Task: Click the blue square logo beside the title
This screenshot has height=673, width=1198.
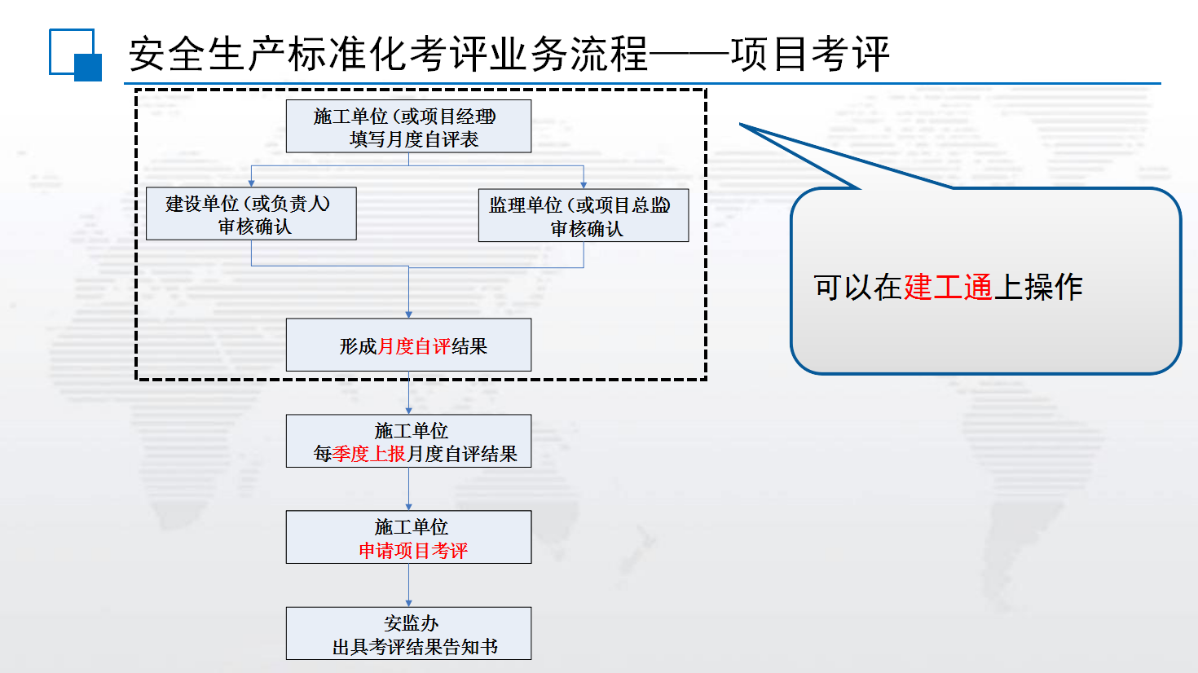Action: (76, 55)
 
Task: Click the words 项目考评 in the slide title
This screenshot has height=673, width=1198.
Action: (810, 54)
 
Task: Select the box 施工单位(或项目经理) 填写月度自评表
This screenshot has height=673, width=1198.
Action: (408, 126)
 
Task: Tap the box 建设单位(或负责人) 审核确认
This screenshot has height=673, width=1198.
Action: (251, 213)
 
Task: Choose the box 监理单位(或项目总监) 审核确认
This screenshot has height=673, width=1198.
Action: (584, 215)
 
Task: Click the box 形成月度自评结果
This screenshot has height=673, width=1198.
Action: (408, 345)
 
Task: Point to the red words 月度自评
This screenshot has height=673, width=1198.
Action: (414, 346)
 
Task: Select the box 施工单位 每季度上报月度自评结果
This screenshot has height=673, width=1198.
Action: (408, 441)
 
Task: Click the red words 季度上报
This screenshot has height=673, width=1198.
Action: (368, 454)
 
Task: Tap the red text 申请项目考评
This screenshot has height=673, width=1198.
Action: (413, 550)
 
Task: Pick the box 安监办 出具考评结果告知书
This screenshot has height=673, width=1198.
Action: (408, 633)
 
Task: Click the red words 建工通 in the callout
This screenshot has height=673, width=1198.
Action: (949, 287)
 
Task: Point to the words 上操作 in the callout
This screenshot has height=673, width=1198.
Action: (1038, 287)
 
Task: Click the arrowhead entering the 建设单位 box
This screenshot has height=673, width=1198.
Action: (251, 183)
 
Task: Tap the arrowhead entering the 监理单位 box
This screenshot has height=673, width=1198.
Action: (584, 185)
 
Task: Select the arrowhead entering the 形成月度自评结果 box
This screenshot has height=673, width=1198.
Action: (408, 315)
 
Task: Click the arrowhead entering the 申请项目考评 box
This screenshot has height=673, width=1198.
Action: (408, 507)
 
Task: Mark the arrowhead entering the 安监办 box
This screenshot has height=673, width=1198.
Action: (408, 603)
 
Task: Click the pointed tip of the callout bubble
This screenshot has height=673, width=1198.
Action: (740, 124)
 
